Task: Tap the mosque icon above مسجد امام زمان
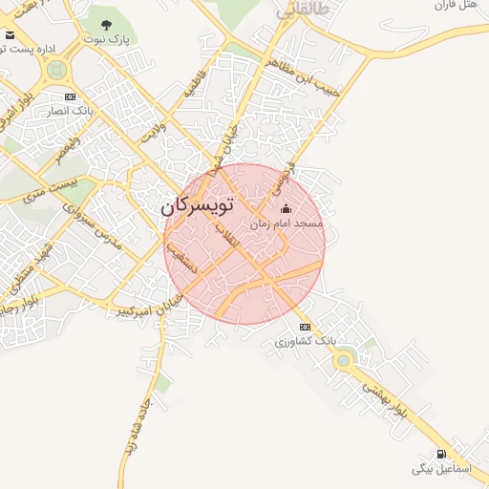tap(286, 209)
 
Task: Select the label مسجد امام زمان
tap(287, 223)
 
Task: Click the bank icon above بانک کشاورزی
tap(305, 327)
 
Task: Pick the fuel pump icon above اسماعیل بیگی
tap(440, 454)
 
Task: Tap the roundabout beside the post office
tap(56, 69)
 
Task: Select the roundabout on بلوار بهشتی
tap(342, 360)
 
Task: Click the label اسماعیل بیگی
tap(436, 469)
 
